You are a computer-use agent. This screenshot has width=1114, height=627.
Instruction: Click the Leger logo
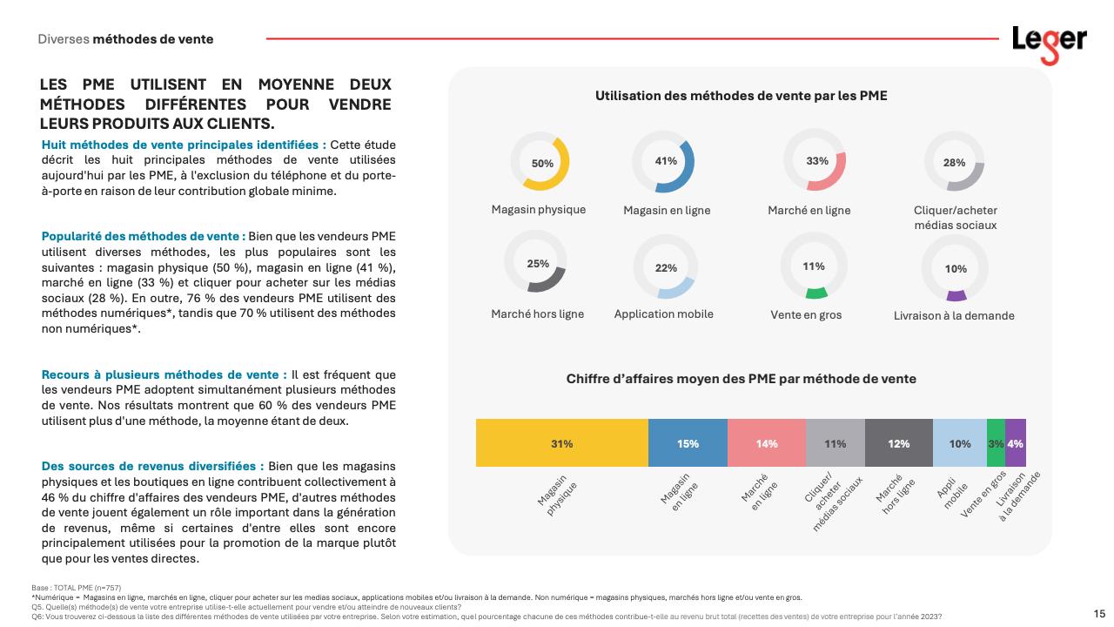(1049, 44)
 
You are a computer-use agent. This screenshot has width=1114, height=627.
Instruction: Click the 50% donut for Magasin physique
(542, 163)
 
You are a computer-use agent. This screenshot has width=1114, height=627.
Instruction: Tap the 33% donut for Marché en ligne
(816, 161)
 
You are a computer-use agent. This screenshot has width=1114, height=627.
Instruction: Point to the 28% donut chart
(954, 163)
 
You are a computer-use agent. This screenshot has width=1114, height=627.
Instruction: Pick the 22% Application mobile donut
(666, 267)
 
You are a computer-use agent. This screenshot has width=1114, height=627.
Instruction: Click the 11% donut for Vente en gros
(813, 266)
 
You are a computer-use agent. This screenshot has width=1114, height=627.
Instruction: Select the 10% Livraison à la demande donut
(955, 269)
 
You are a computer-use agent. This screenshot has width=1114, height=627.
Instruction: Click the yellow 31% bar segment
(561, 443)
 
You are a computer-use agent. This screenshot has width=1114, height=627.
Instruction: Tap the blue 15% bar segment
(688, 443)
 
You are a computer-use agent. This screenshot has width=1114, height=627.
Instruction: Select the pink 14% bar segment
(766, 443)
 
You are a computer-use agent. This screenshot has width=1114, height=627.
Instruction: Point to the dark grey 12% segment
(898, 443)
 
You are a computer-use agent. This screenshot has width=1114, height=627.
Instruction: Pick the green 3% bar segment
(996, 443)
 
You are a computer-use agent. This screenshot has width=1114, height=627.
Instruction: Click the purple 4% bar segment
(1015, 443)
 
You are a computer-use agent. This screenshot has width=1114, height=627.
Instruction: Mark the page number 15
(1099, 613)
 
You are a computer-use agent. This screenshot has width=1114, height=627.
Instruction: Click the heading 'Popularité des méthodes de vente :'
(144, 236)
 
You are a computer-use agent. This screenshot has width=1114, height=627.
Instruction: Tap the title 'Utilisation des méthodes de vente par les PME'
(741, 96)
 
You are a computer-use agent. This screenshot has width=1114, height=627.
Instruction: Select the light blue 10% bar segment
(959, 443)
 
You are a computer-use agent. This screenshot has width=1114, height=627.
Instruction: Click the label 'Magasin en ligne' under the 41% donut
(667, 211)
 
